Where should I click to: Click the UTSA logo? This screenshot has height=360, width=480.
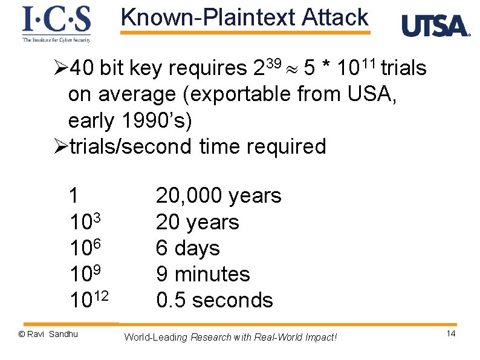pyautogui.click(x=435, y=26)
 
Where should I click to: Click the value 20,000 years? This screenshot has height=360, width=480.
pyautogui.click(x=218, y=196)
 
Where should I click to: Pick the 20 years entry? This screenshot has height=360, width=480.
pyautogui.click(x=197, y=222)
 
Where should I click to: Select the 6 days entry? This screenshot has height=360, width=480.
pyautogui.click(x=187, y=248)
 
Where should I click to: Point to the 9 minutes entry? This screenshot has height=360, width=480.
pyautogui.click(x=203, y=274)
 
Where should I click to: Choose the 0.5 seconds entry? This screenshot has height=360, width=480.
pyautogui.click(x=214, y=300)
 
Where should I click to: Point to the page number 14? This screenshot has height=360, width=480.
pyautogui.click(x=450, y=335)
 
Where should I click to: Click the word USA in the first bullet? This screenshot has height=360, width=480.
pyautogui.click(x=366, y=94)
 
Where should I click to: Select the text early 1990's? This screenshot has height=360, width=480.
pyautogui.click(x=129, y=120)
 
